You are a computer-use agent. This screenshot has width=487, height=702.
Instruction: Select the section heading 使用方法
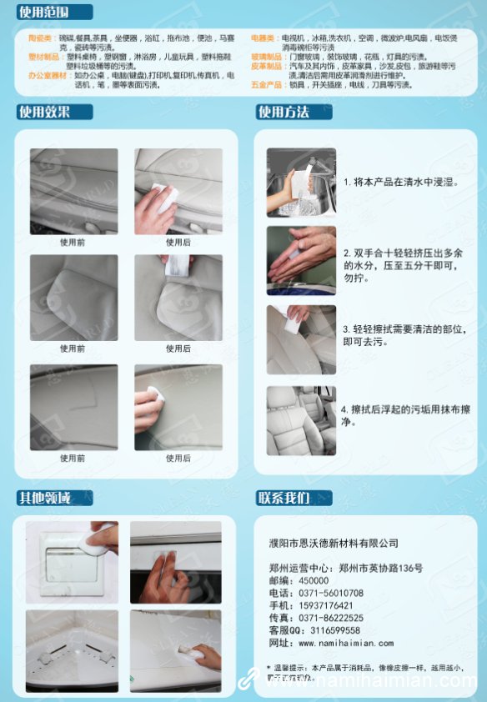coord(284,112)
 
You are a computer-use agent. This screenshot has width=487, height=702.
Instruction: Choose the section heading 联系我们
coord(284,499)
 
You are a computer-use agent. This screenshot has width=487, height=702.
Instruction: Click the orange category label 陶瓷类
coord(40,38)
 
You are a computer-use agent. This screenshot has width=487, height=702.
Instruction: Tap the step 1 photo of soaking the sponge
coord(301,182)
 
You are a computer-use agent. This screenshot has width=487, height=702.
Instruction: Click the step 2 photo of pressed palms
coord(301,260)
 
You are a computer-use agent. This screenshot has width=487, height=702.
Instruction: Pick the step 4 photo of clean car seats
coord(301,420)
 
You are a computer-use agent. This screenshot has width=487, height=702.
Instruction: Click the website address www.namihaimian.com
coord(345,644)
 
